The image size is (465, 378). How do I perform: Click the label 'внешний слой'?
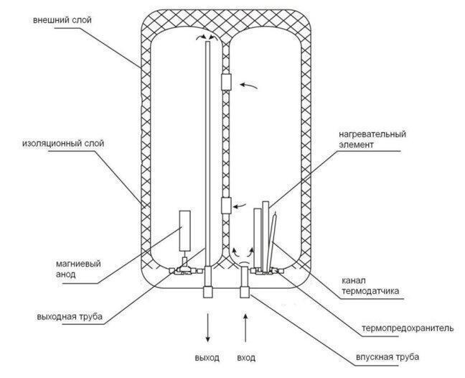point(62,20)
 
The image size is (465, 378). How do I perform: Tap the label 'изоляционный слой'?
point(63,144)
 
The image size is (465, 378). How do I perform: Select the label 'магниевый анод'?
point(78,269)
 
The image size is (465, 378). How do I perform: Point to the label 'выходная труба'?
point(70,316)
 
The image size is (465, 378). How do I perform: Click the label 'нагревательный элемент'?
point(372,139)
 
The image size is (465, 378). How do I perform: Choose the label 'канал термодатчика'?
point(370,285)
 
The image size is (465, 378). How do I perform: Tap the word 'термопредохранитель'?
point(408,328)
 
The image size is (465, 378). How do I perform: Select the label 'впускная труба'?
point(387,356)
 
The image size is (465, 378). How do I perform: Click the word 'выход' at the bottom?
point(207,357)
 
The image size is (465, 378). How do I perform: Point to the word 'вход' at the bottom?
point(246,358)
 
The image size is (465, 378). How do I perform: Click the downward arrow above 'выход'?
point(208,327)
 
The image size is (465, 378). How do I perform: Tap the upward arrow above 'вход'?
point(245,328)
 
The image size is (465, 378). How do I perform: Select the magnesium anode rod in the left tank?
point(185,230)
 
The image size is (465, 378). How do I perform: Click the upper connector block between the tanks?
point(226,82)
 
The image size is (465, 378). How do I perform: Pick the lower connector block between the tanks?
point(226,206)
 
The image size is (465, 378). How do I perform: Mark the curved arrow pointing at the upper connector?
point(248,86)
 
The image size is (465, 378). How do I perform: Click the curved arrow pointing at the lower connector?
point(240,206)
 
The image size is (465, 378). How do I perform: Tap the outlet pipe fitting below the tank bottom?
point(208,292)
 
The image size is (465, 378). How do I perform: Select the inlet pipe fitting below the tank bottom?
point(245,292)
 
